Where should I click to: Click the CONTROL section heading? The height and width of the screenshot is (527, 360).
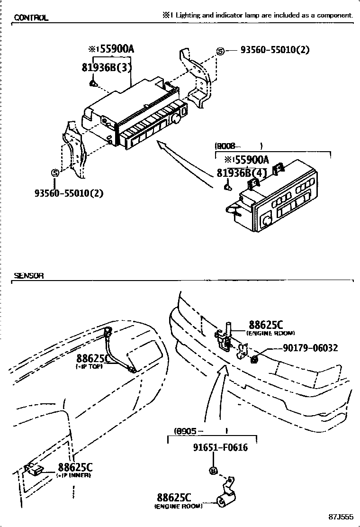(31, 18)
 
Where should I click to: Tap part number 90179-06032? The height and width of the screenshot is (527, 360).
(310, 348)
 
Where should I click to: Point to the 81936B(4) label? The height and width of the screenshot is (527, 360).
(242, 173)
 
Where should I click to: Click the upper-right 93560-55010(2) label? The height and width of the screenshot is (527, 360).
(275, 49)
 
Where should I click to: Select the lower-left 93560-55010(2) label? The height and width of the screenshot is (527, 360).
(69, 193)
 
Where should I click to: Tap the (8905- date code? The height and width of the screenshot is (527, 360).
(189, 431)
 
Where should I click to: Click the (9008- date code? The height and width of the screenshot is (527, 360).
(228, 146)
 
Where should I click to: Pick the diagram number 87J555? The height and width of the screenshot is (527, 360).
(342, 516)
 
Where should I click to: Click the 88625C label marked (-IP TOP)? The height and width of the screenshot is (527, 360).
(93, 358)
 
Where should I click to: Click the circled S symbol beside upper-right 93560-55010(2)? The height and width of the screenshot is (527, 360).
(220, 51)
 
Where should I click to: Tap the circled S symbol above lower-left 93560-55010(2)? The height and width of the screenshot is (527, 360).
(55, 173)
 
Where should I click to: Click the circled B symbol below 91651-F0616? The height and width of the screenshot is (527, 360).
(213, 471)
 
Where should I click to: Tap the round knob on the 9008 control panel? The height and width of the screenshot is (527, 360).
(267, 219)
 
